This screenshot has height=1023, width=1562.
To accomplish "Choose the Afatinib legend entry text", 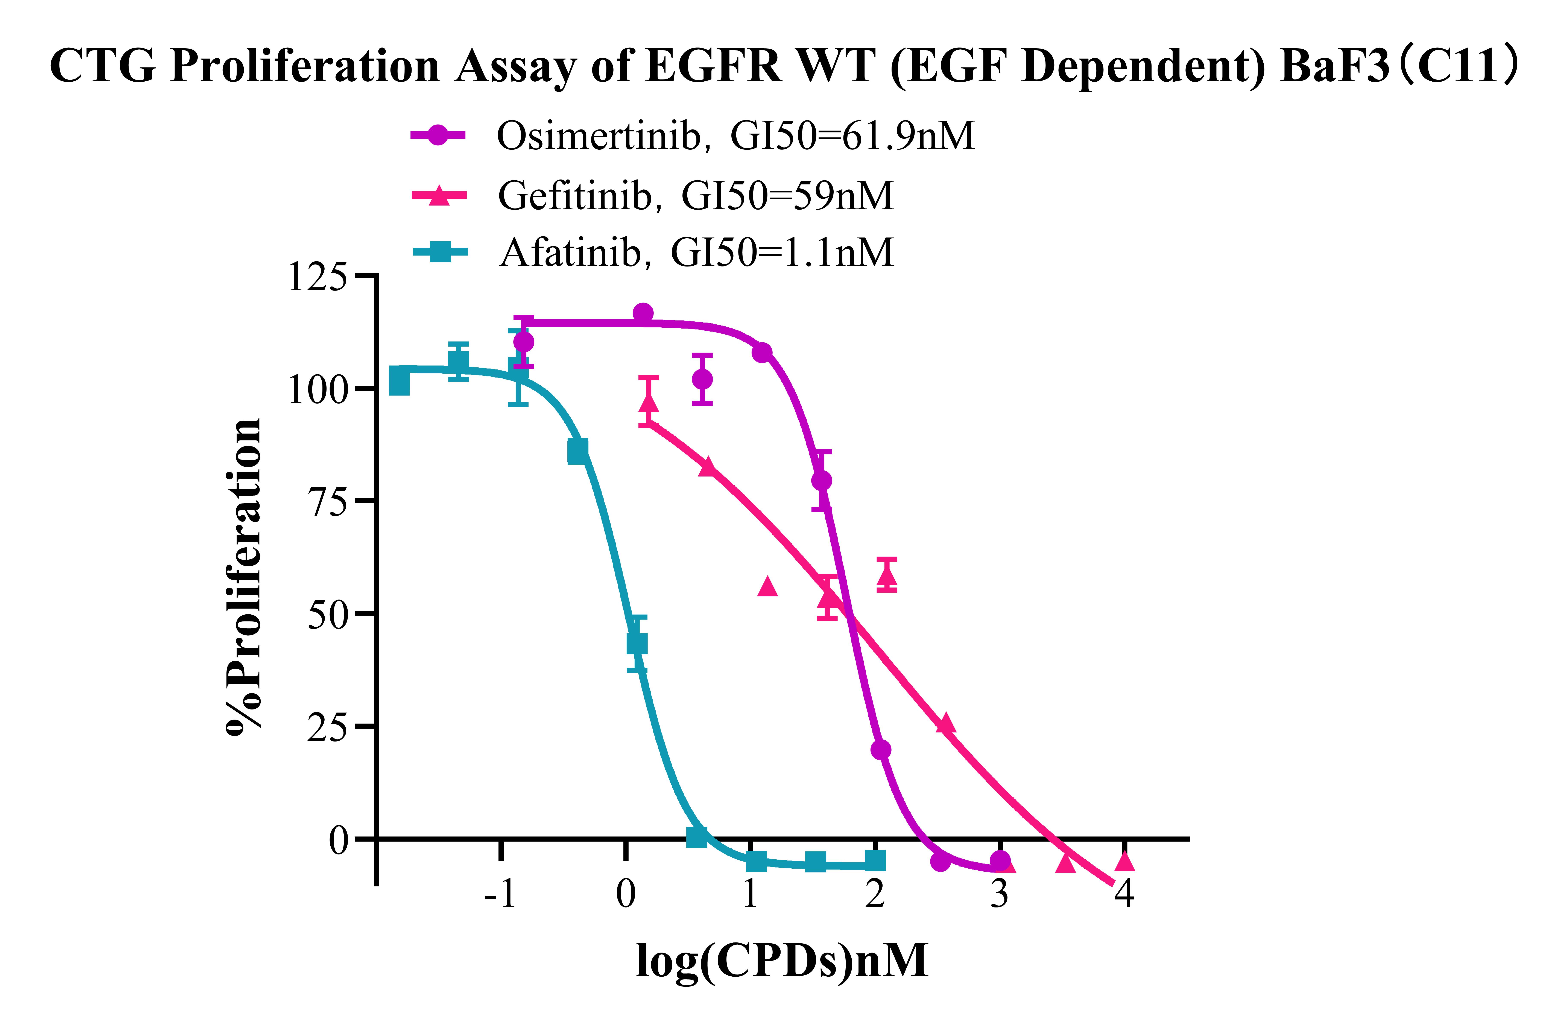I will point(696,252).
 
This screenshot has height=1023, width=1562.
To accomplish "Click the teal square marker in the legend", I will point(440,251).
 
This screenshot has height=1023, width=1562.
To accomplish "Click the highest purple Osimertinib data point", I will point(643,313).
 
